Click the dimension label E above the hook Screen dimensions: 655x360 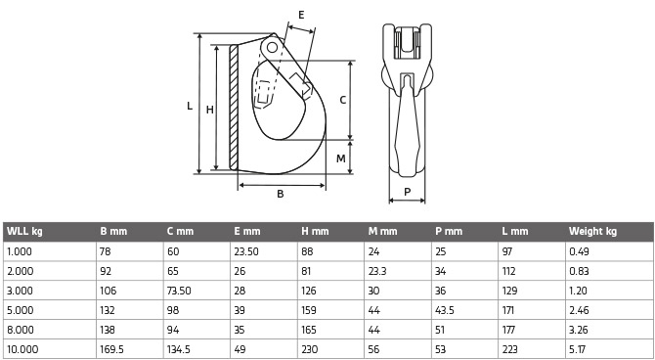(x=301, y=15)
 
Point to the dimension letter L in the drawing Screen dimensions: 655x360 (x=190, y=106)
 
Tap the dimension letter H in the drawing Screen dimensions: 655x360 (x=210, y=110)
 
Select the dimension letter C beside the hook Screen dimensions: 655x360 (x=342, y=100)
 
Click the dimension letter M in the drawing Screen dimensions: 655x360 (x=341, y=158)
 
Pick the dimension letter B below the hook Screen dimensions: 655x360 (x=281, y=194)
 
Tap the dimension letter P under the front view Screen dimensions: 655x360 (x=408, y=192)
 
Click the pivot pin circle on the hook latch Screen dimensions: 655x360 (x=272, y=47)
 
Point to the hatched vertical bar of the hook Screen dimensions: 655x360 (x=234, y=107)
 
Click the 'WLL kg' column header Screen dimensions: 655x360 (x=24, y=231)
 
